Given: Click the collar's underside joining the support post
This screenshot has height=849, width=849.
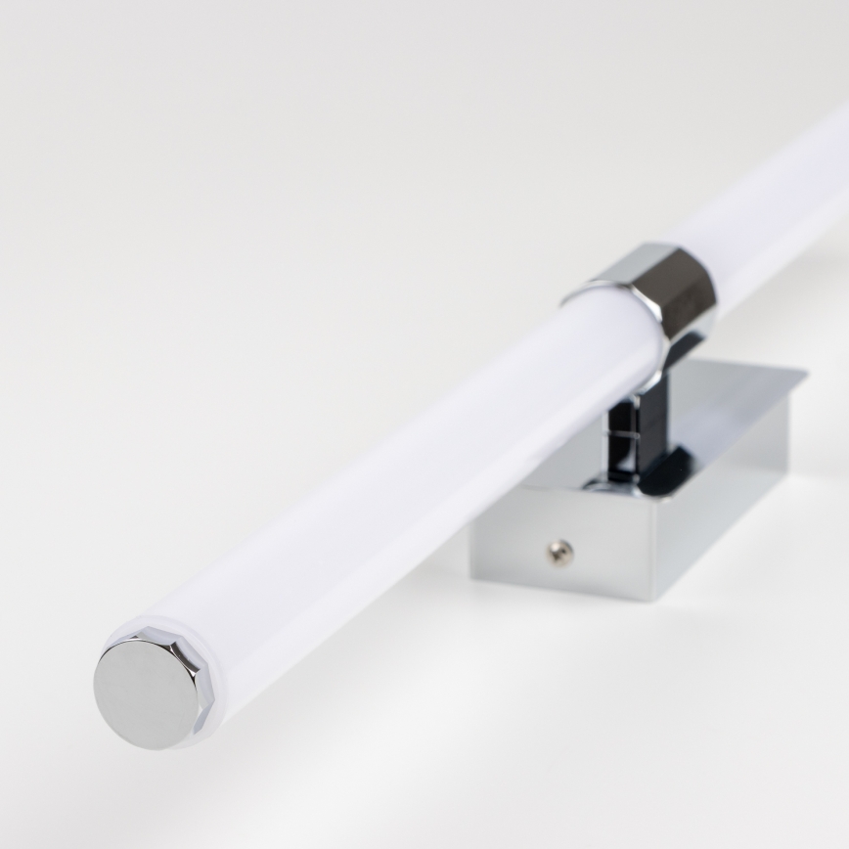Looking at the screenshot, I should pyautogui.click(x=675, y=347).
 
